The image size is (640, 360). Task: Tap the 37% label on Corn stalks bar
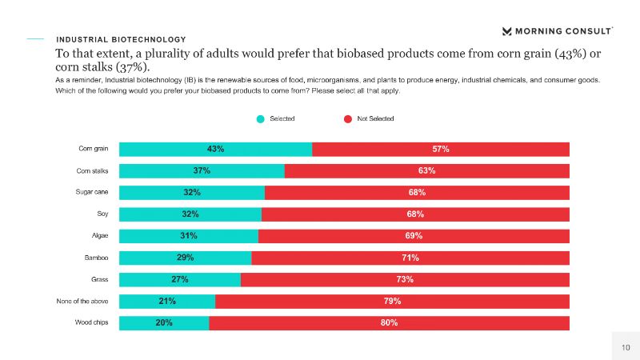click(202, 170)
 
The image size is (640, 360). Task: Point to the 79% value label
click(392, 301)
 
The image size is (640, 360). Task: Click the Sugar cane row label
click(92, 192)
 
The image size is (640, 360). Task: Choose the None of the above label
click(87, 301)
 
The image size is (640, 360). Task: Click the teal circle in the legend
click(260, 119)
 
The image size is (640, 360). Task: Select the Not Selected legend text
click(375, 119)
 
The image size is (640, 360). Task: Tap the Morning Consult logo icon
click(507, 31)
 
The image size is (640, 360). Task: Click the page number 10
click(626, 346)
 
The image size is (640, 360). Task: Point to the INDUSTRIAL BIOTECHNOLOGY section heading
click(121, 39)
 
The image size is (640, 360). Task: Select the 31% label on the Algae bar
click(189, 236)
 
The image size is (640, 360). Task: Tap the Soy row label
click(102, 214)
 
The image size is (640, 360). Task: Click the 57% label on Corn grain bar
click(441, 149)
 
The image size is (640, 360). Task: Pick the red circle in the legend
click(348, 119)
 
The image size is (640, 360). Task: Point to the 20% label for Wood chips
click(164, 322)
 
